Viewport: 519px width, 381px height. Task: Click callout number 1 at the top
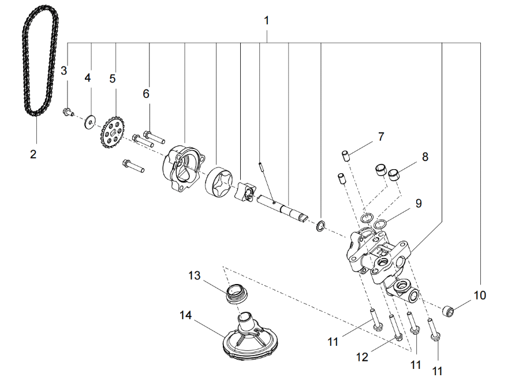tap(266, 20)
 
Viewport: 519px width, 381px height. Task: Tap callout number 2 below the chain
tap(33, 154)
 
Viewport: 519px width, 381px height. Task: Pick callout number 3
tap(64, 70)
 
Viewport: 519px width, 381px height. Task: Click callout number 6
tap(146, 94)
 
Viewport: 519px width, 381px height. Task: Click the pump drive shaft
tap(283, 208)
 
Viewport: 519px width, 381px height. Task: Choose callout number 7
tap(380, 137)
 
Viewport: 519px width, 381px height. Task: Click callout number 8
tap(425, 156)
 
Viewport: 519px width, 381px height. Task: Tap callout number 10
tap(480, 296)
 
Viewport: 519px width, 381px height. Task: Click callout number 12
tap(361, 357)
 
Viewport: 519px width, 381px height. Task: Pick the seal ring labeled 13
tap(236, 294)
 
